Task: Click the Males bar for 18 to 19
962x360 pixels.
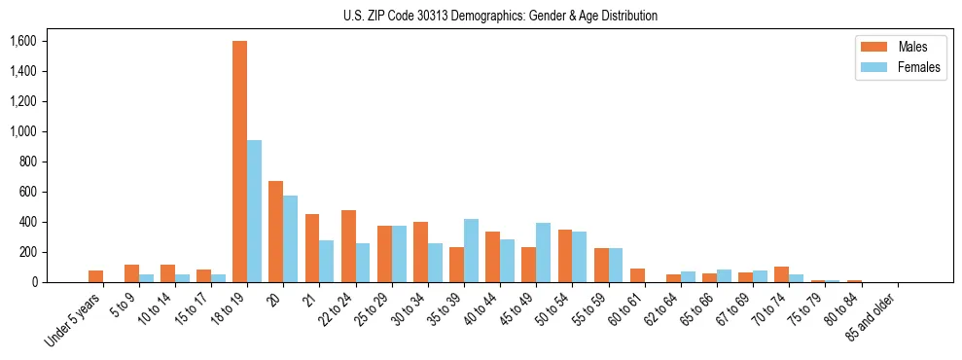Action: point(239,162)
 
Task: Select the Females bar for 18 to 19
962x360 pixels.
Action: point(254,211)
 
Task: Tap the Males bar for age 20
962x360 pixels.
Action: point(275,232)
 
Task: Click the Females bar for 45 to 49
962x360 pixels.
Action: point(543,253)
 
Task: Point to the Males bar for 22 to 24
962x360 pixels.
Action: point(348,246)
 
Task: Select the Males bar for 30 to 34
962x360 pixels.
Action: point(420,252)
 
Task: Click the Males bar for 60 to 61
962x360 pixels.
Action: point(637,275)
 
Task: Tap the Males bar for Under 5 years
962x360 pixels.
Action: point(95,276)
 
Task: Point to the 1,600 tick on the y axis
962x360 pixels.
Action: point(22,41)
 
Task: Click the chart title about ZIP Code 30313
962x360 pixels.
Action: point(500,16)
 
